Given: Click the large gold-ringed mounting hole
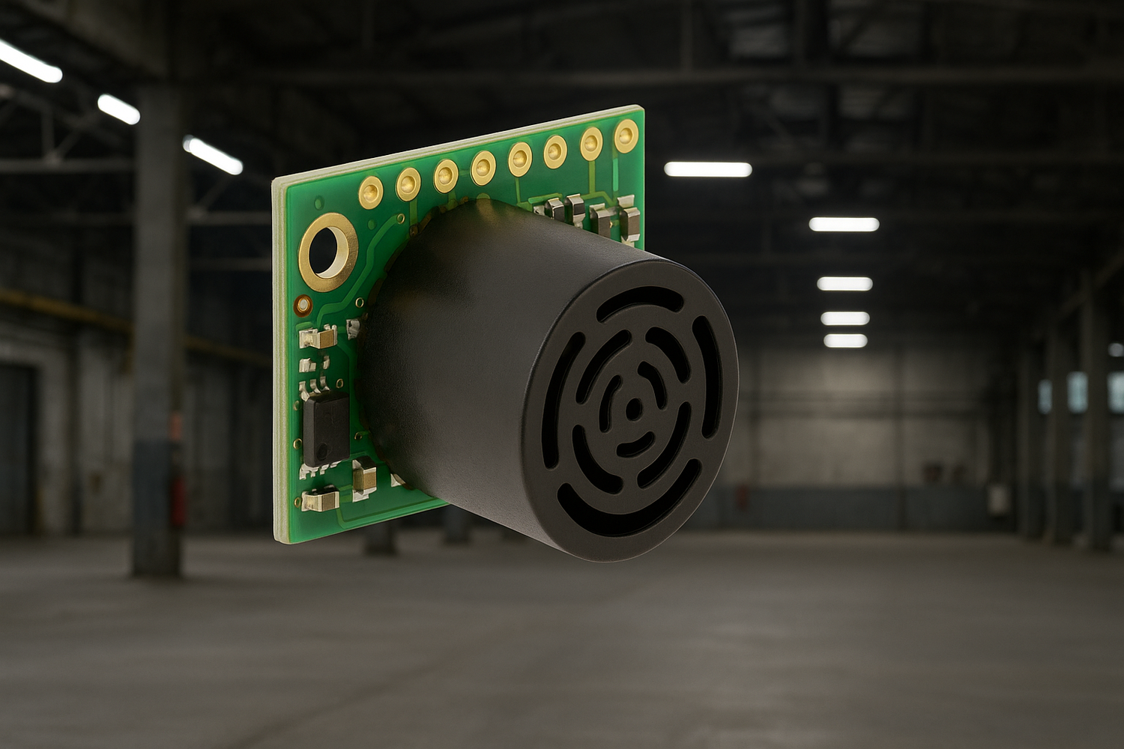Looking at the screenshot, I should [327, 252].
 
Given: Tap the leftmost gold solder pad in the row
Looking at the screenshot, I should [371, 192].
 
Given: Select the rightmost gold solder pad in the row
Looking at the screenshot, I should [626, 136].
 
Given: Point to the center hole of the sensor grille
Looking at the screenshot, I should [633, 409].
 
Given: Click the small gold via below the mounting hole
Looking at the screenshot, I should [303, 306].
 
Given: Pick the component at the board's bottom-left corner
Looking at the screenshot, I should [320, 499].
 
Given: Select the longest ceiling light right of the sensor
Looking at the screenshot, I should [708, 170].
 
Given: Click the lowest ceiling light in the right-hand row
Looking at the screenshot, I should [845, 341].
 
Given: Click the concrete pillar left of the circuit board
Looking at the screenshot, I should [157, 337].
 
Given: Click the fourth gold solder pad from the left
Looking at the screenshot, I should [483, 167].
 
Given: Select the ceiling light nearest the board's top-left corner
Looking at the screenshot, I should [213, 156].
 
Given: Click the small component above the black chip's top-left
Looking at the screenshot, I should [317, 339].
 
